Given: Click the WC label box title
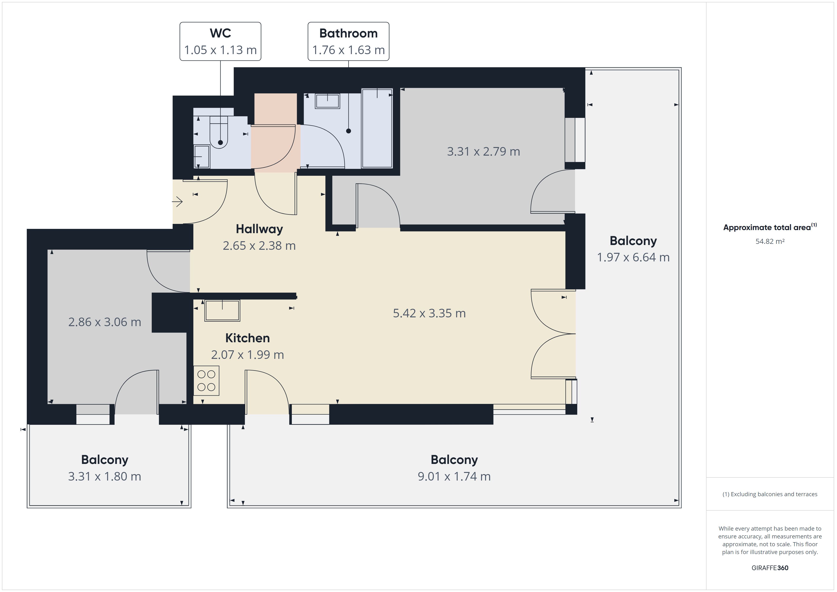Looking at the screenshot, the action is [220, 33].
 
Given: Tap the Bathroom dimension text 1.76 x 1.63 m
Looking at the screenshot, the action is [349, 50].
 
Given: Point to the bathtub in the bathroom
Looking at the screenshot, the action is [377, 128].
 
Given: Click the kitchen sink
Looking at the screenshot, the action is [222, 310].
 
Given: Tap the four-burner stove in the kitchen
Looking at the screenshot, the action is [206, 381].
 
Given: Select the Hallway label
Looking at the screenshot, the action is [259, 229].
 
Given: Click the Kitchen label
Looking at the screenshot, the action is [247, 338].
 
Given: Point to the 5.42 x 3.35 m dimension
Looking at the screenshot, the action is [429, 313].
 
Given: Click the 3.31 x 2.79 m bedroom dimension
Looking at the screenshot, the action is [484, 151].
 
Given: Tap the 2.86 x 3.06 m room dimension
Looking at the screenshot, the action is [105, 322].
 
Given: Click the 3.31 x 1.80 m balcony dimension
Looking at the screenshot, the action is [105, 476].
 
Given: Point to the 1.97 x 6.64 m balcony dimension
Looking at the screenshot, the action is [633, 257].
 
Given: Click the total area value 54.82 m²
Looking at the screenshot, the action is [770, 241].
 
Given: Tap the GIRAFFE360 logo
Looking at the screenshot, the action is [770, 568].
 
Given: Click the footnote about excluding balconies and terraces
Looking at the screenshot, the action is [770, 494].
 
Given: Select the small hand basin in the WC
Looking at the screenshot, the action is [202, 156].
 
